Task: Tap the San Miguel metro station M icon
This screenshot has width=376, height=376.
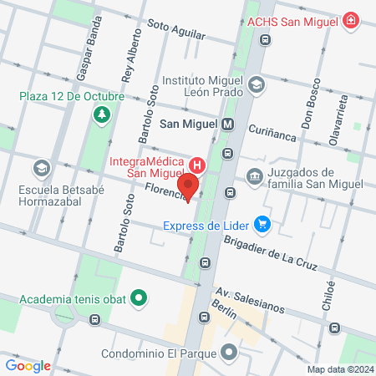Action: pos(228,124)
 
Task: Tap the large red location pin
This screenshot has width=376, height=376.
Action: pos(189,187)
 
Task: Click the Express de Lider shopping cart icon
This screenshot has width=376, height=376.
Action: pos(262,224)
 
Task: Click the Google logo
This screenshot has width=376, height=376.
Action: pos(28,365)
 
